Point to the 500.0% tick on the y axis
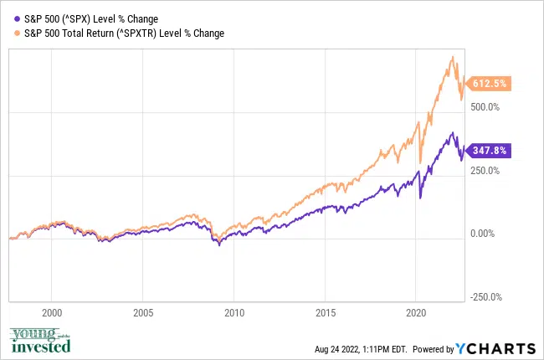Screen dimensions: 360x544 (x=485, y=107)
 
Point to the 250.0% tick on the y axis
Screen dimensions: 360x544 (x=485, y=170)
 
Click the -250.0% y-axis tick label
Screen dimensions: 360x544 (x=484, y=296)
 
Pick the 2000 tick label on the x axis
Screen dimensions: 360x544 (x=52, y=311)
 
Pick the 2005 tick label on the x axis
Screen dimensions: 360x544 (x=143, y=311)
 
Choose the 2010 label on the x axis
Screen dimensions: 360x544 (x=234, y=311)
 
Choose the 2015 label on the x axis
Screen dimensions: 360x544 (x=326, y=311)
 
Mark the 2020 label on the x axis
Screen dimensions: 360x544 (x=417, y=311)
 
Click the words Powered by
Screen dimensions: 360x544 (x=433, y=349)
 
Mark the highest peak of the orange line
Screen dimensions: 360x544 (x=453, y=57)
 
